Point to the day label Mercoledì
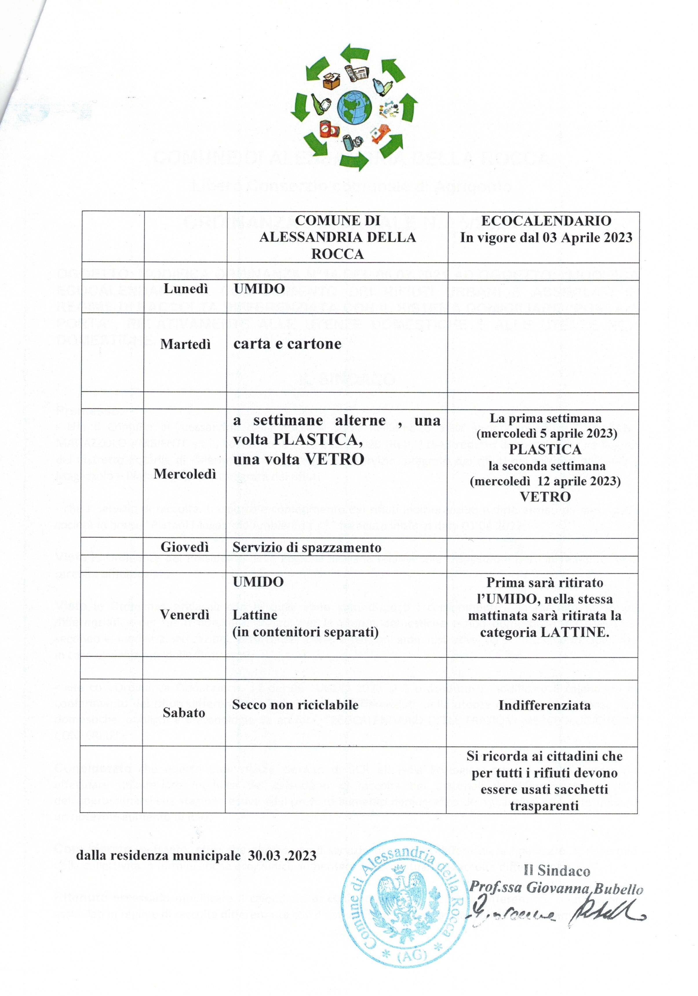tap(185, 474)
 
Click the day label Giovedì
tap(185, 547)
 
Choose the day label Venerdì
tap(184, 614)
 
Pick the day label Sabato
tap(184, 712)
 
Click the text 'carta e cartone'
tap(287, 344)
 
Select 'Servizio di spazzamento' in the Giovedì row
tap(307, 547)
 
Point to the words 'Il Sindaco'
tap(557, 871)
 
